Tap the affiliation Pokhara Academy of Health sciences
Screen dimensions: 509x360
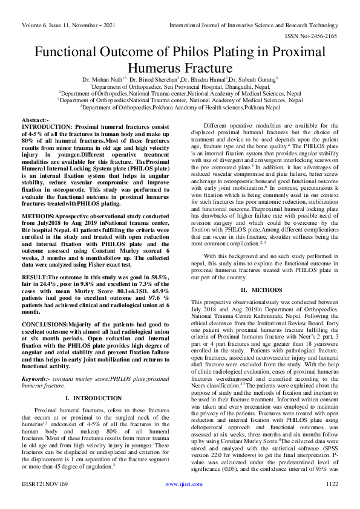(223, 108)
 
